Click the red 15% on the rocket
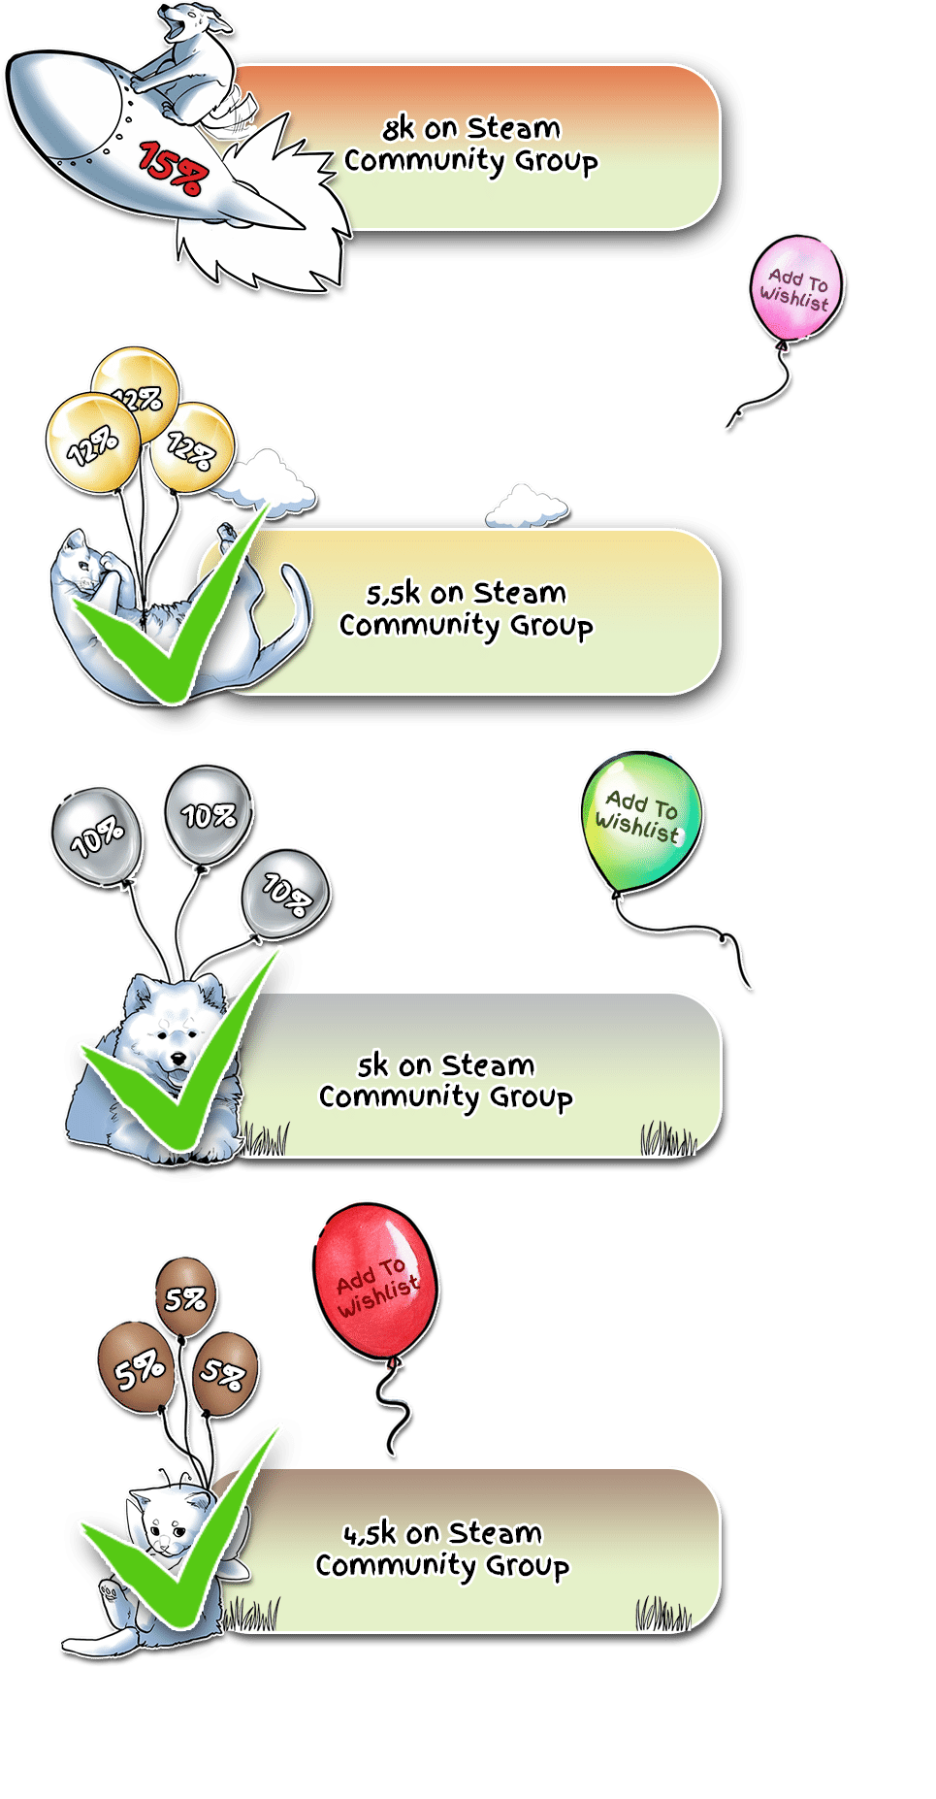tap(173, 168)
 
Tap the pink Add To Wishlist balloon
tap(795, 287)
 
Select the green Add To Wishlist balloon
tap(641, 821)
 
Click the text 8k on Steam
tap(471, 127)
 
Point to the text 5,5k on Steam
tap(466, 592)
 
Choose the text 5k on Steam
tap(446, 1064)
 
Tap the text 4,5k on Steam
tap(442, 1532)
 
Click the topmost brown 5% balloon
tap(185, 1296)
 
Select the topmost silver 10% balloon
tap(209, 814)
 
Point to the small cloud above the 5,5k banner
tap(527, 507)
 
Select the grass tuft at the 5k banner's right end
tap(667, 1138)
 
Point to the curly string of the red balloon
tap(394, 1407)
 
